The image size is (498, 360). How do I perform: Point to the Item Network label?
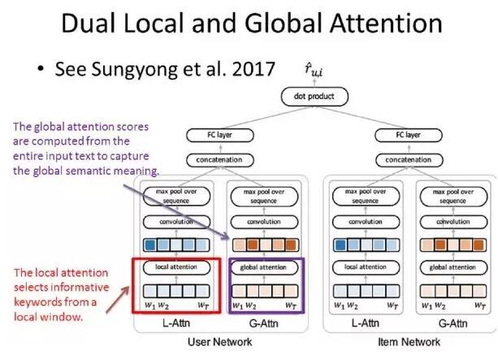404,343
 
